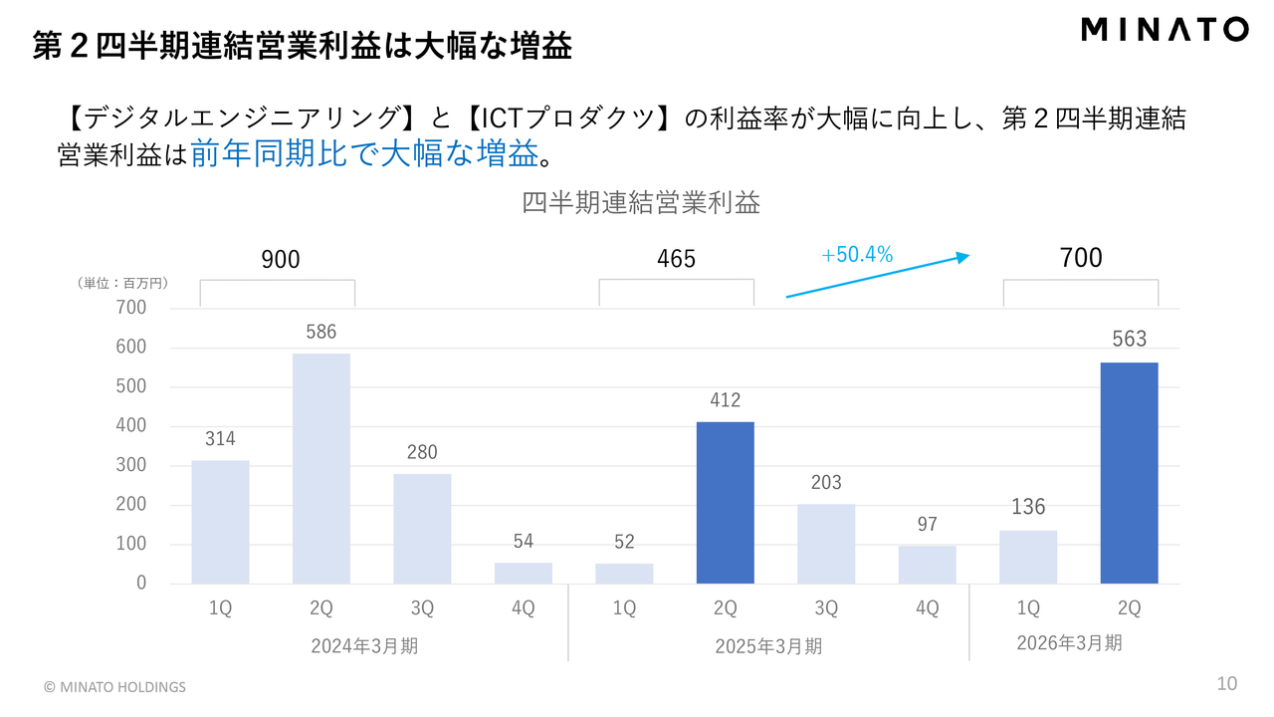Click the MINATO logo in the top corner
[1164, 30]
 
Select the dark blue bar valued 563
[1129, 472]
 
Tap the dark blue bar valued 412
[725, 502]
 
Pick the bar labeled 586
[320, 468]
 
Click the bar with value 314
[220, 522]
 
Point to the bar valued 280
[422, 528]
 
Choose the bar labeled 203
[825, 544]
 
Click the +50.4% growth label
[857, 255]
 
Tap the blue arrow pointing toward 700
[877, 276]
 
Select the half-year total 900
[280, 260]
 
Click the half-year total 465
[676, 260]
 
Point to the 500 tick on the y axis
[131, 386]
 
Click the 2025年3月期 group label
[768, 646]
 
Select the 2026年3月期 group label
[1069, 643]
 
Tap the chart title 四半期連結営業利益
[641, 203]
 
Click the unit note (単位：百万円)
[121, 283]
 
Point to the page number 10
[1227, 683]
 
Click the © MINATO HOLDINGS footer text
[114, 687]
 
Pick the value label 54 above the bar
[524, 542]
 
